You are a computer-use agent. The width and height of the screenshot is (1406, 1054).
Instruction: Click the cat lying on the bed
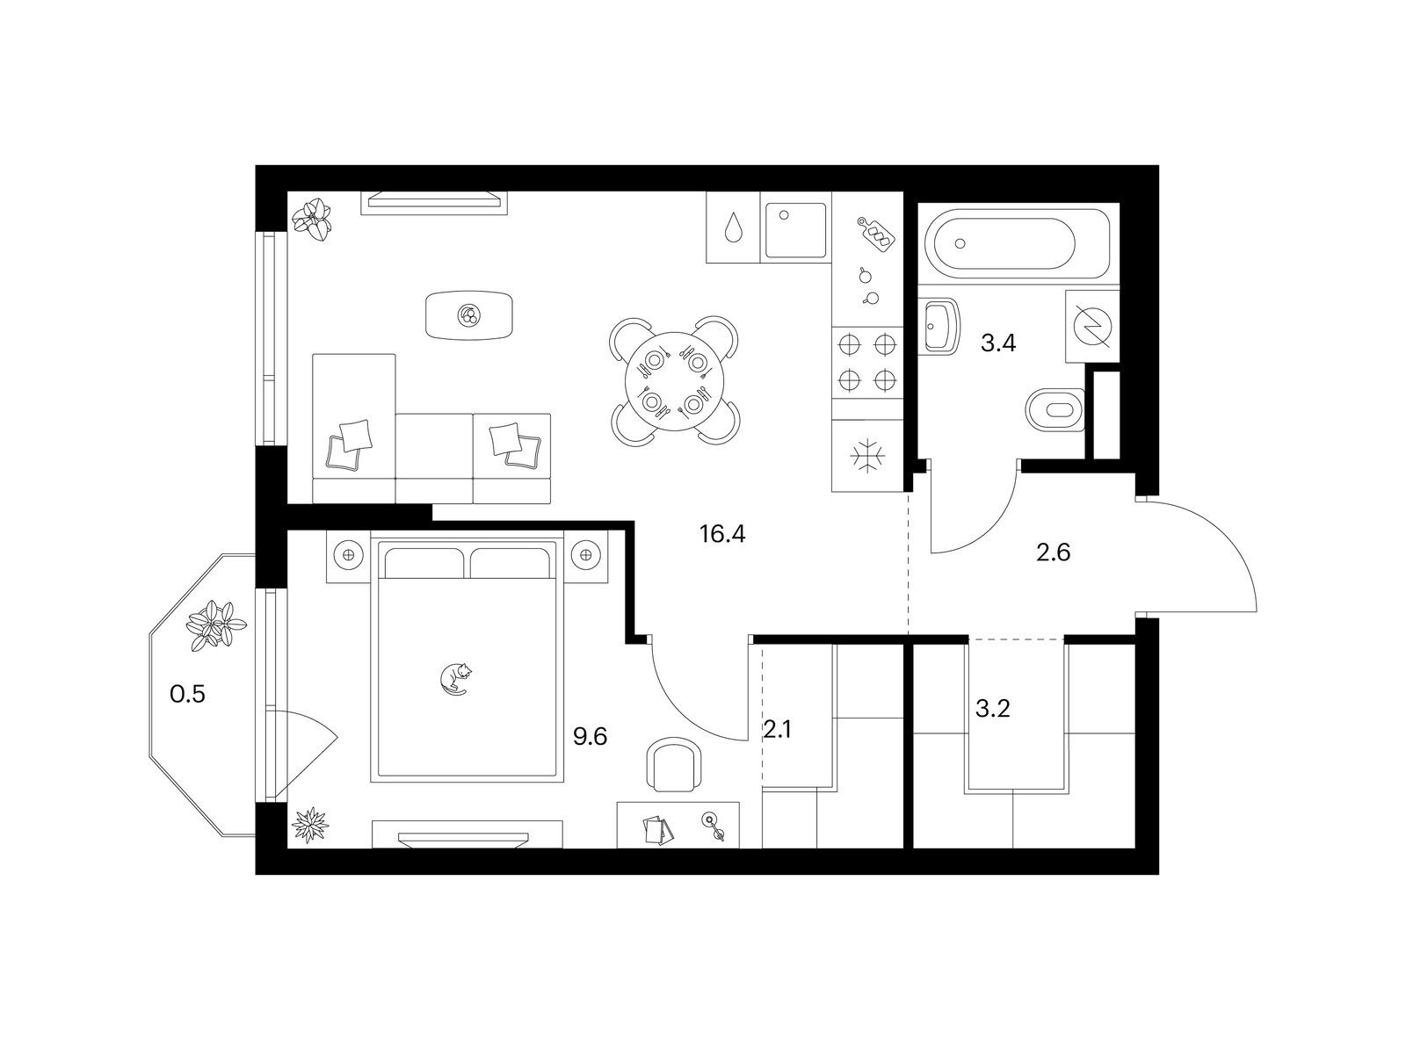pyautogui.click(x=455, y=679)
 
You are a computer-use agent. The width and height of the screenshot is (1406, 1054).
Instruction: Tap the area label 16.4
pyautogui.click(x=722, y=534)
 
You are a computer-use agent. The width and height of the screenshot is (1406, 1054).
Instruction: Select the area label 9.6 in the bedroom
pyautogui.click(x=590, y=737)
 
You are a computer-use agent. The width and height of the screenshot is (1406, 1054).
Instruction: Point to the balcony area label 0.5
pyautogui.click(x=187, y=694)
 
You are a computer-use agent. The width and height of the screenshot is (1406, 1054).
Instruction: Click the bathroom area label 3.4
pyautogui.click(x=998, y=343)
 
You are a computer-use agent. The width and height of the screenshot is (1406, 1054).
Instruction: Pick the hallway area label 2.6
pyautogui.click(x=1053, y=552)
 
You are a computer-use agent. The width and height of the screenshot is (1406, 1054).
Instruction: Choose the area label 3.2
pyautogui.click(x=992, y=709)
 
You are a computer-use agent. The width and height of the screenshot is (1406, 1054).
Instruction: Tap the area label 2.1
pyautogui.click(x=777, y=729)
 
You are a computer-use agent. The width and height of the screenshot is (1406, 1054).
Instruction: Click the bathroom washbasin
pyautogui.click(x=942, y=327)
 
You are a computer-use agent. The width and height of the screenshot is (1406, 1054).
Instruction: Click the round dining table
pyautogui.click(x=675, y=381)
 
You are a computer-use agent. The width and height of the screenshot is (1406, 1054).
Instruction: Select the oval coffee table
pyautogui.click(x=469, y=315)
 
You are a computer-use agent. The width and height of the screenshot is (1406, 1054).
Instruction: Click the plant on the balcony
pyautogui.click(x=216, y=626)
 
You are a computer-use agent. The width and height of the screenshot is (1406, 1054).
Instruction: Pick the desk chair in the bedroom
pyautogui.click(x=674, y=764)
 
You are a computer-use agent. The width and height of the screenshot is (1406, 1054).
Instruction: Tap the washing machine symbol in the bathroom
pyautogui.click(x=1093, y=327)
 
